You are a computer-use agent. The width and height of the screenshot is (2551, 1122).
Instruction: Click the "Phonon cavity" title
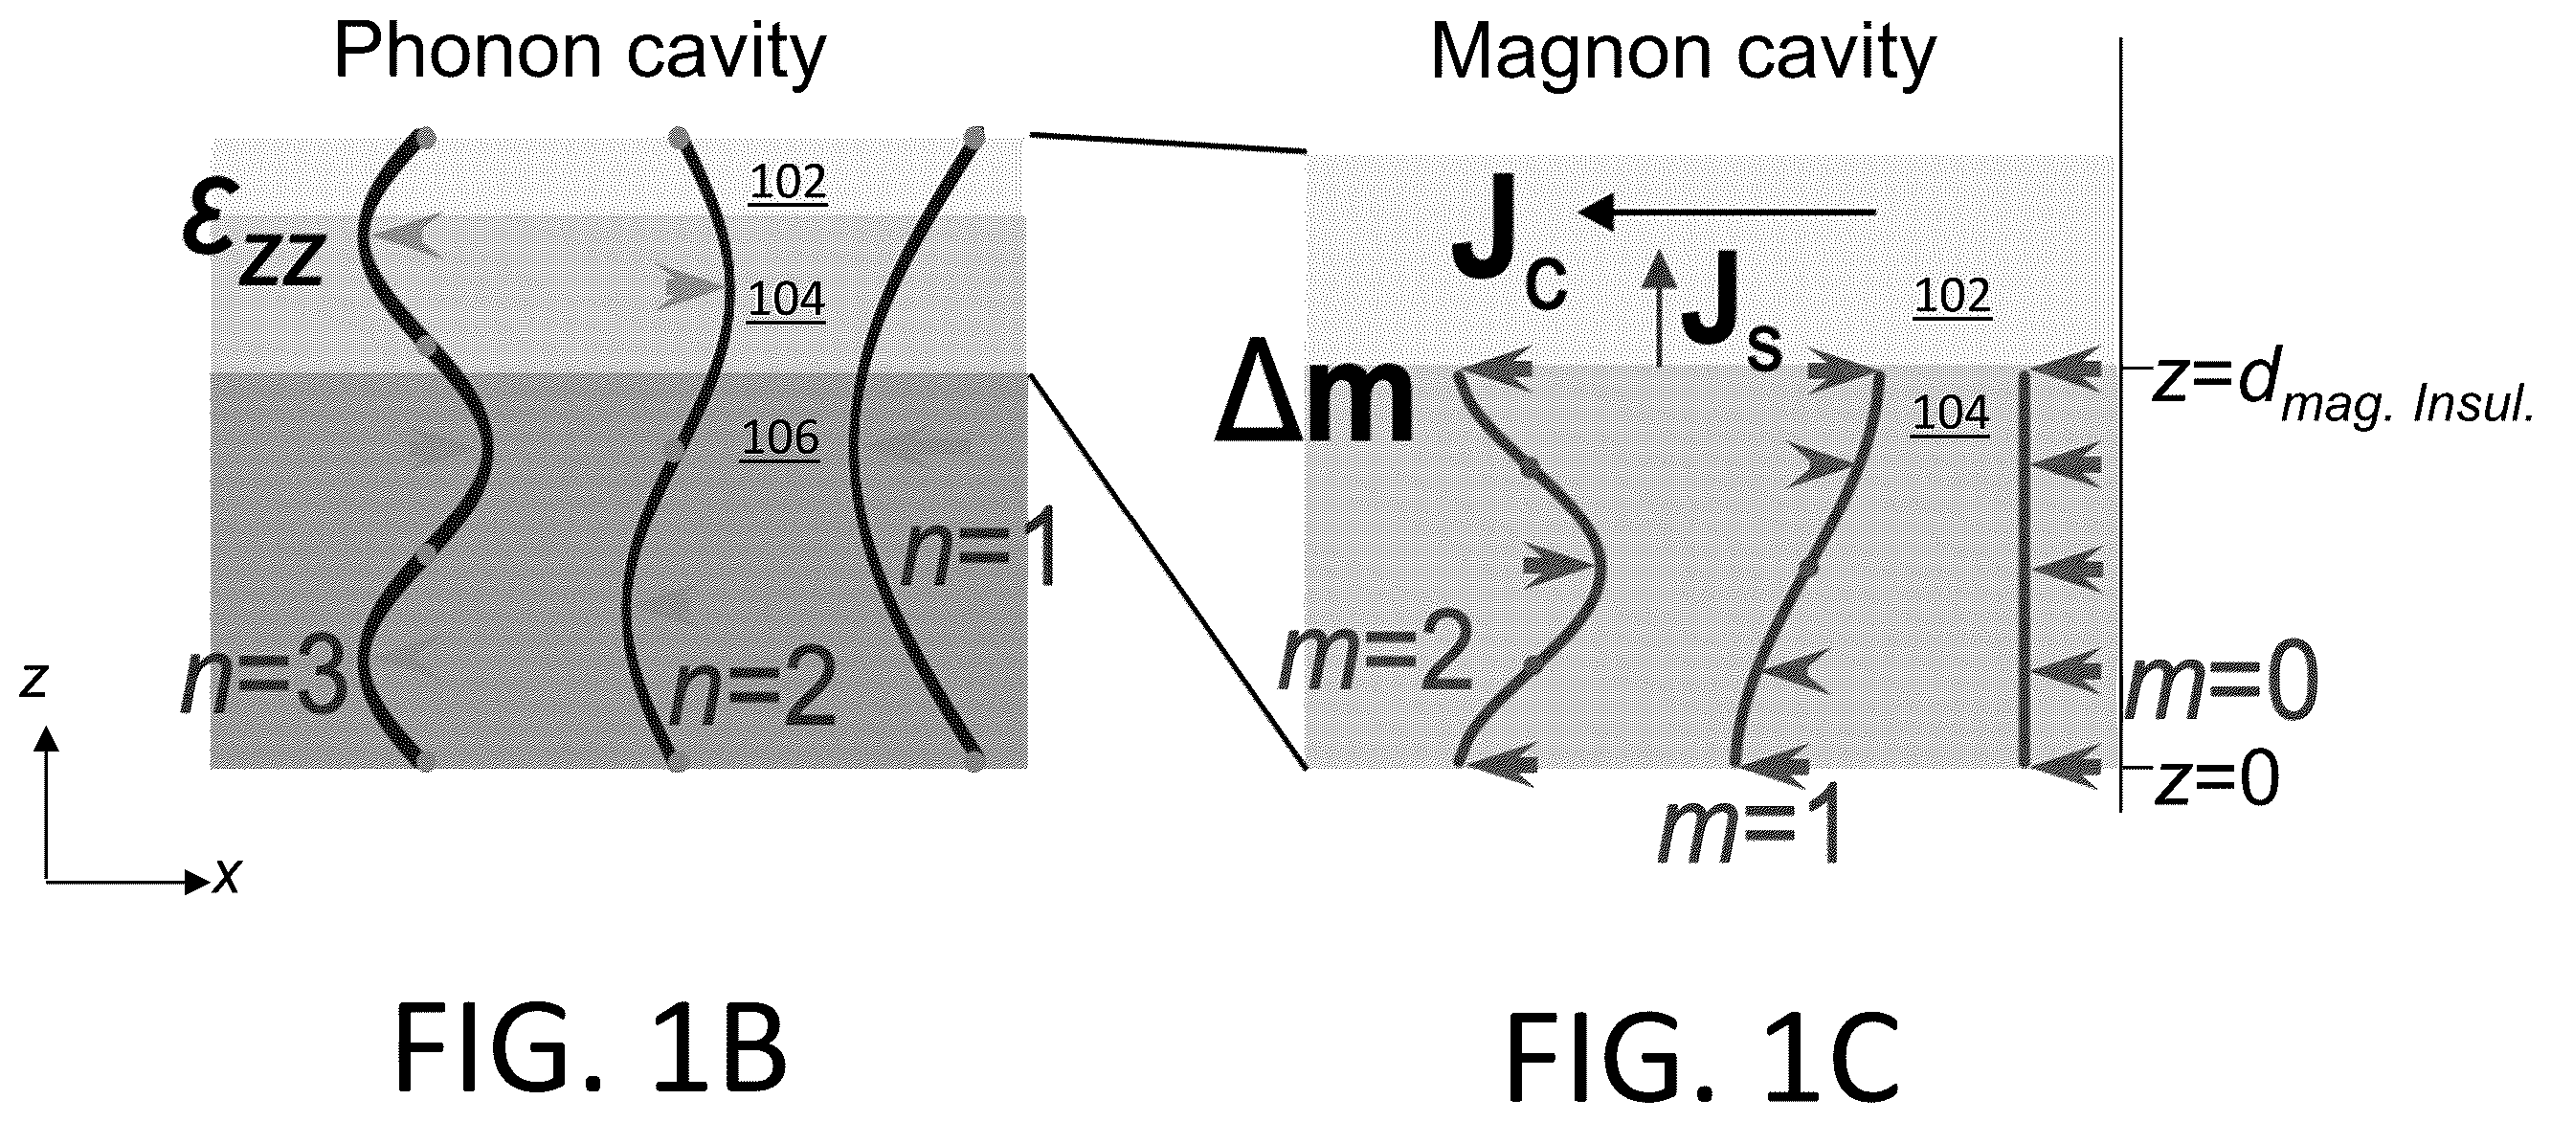[x=579, y=54]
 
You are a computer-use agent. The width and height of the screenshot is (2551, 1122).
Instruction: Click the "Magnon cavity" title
[x=1683, y=54]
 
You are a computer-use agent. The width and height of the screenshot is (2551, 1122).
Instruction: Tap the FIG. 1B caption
[x=592, y=1047]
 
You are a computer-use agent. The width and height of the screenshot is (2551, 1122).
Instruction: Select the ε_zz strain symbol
[x=255, y=238]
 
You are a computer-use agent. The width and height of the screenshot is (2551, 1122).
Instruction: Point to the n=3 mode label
[x=264, y=683]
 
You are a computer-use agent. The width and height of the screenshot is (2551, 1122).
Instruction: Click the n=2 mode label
[x=751, y=694]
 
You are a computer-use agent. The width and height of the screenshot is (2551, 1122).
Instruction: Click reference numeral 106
[x=780, y=438]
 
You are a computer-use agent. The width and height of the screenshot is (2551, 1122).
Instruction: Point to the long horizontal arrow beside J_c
[x=1728, y=211]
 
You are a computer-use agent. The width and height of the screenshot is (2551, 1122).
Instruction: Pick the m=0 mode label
[x=2221, y=684]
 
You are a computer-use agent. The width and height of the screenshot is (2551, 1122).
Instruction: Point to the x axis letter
[x=228, y=875]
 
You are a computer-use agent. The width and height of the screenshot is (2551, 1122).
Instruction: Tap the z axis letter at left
[x=34, y=681]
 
